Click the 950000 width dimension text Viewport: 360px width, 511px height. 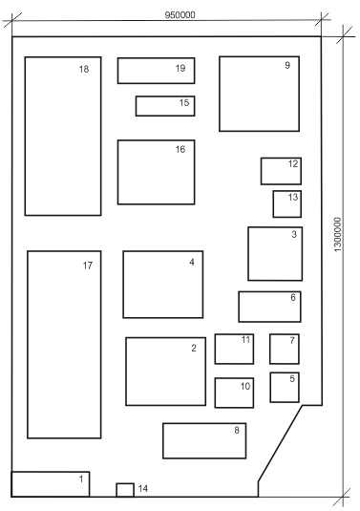(x=180, y=15)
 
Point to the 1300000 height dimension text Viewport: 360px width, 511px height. (x=338, y=234)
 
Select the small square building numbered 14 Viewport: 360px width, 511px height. (x=125, y=490)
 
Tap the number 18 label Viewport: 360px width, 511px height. (x=84, y=69)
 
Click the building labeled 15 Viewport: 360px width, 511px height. (x=165, y=106)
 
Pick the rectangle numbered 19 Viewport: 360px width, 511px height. (x=156, y=71)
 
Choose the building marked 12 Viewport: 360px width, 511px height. (x=281, y=171)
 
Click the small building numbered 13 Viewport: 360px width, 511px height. (x=287, y=204)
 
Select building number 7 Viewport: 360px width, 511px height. (x=285, y=349)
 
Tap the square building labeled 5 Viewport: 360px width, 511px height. (x=285, y=388)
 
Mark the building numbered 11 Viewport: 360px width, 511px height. (x=234, y=349)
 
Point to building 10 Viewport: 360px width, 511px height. (x=234, y=393)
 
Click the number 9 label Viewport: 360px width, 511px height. (x=287, y=65)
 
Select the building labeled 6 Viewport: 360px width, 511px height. (x=269, y=307)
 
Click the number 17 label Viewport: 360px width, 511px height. (x=88, y=266)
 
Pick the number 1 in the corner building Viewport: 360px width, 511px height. (x=81, y=479)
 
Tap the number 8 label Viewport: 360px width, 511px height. (x=237, y=430)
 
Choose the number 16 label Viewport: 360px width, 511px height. (x=180, y=149)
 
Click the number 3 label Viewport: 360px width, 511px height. (x=294, y=234)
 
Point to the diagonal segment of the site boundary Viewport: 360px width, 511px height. (x=280, y=443)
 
